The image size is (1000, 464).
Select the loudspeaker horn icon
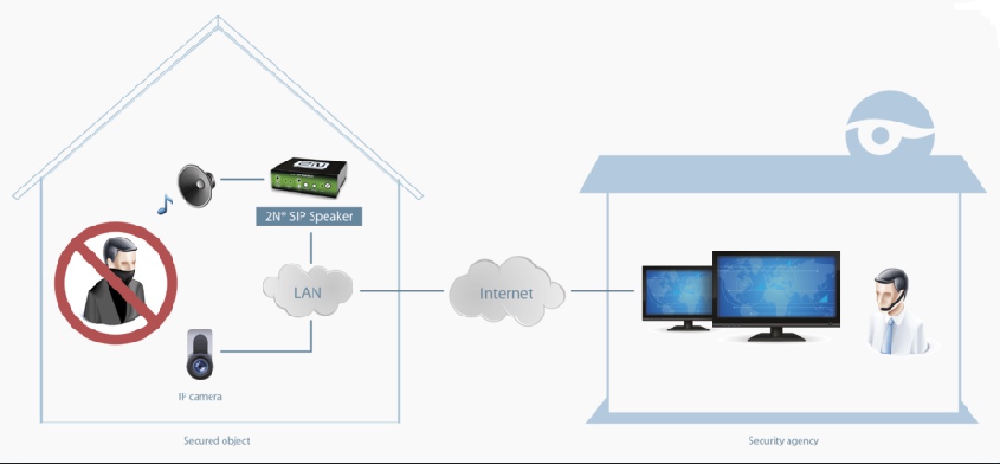tap(197, 185)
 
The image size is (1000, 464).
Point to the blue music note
tap(164, 205)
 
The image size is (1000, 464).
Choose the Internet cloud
tap(506, 293)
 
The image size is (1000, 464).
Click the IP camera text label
tap(200, 397)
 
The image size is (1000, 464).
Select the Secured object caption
tap(217, 441)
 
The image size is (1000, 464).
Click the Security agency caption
tap(783, 441)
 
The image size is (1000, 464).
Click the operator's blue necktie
tap(887, 335)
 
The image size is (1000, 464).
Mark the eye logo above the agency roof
tap(890, 131)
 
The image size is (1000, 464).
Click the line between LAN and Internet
tap(402, 291)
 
